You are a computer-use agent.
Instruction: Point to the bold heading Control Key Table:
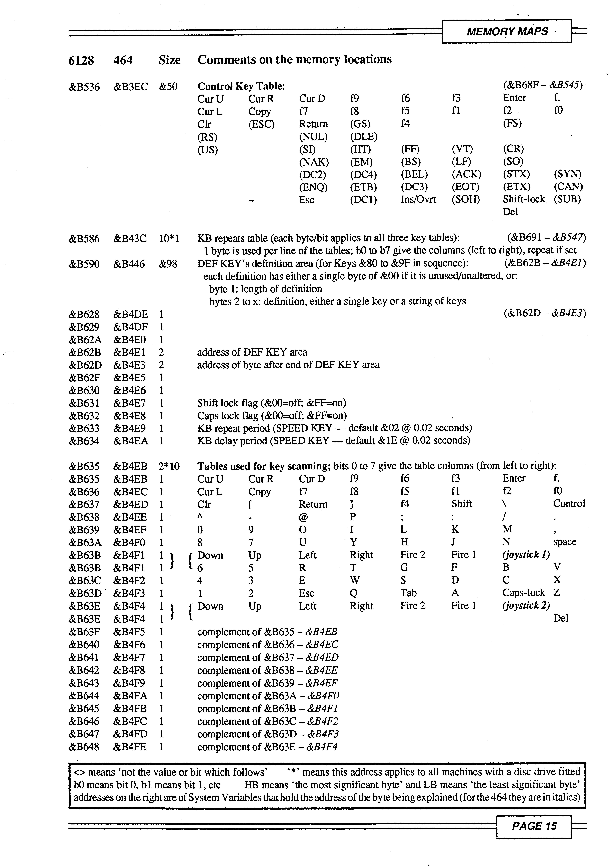tap(241, 87)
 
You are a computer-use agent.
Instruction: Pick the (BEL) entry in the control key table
tap(414, 174)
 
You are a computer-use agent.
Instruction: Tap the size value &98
tap(168, 264)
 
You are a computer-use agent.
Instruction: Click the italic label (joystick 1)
tap(526, 555)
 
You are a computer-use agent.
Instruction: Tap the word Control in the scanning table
tap(569, 504)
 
